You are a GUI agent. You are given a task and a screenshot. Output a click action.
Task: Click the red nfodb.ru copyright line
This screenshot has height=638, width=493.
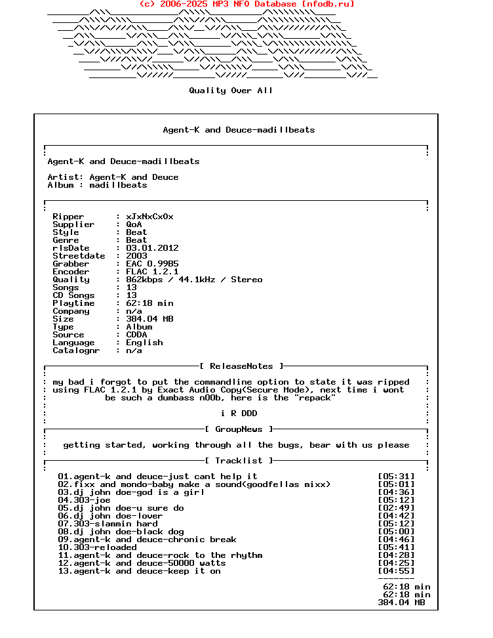(246, 4)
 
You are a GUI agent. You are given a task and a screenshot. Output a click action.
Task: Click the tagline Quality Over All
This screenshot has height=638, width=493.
(231, 91)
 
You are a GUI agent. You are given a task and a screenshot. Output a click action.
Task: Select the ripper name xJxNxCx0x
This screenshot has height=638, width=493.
(149, 217)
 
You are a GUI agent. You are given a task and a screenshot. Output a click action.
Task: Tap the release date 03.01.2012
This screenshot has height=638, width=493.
(152, 248)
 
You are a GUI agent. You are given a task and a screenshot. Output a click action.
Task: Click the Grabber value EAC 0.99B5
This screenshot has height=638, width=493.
(152, 264)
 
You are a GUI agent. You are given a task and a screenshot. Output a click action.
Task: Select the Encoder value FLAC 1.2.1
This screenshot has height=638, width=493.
(152, 272)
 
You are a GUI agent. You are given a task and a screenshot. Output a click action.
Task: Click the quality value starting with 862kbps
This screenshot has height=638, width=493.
(194, 280)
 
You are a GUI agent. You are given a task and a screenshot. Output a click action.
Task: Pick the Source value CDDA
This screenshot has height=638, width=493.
(136, 335)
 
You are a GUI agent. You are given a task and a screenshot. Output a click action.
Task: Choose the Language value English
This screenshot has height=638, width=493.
(144, 343)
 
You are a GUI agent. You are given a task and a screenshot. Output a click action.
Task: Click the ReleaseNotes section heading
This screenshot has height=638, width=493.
(241, 366)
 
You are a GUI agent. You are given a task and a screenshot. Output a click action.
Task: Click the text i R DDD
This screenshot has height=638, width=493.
(239, 414)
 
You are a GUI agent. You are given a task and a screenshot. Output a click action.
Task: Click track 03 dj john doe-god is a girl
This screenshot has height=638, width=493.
(131, 492)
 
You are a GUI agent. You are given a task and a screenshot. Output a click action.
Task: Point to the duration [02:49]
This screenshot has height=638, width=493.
(396, 508)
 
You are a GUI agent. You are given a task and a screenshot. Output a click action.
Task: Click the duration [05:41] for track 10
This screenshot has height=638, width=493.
(396, 547)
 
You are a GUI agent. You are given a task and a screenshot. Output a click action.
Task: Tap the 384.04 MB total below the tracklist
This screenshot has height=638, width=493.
(401, 603)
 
